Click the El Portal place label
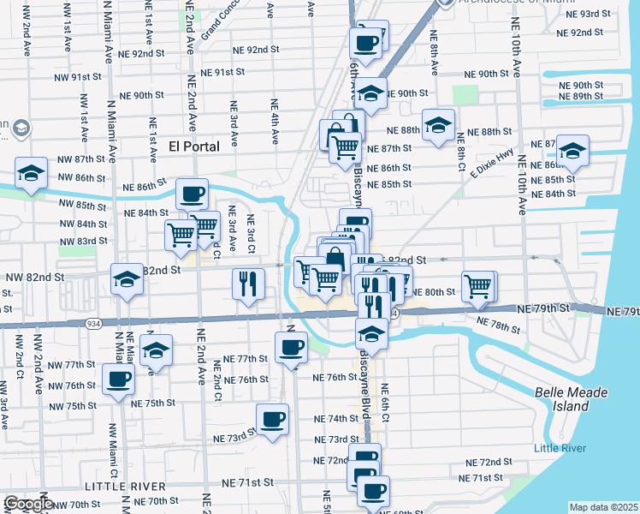point(194,146)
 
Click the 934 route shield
point(92,324)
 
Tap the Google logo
point(28,504)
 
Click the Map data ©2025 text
point(603,507)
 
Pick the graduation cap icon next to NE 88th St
point(438,124)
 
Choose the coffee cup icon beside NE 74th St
point(273,419)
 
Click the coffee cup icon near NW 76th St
point(118,378)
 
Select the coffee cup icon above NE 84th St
point(193,193)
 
